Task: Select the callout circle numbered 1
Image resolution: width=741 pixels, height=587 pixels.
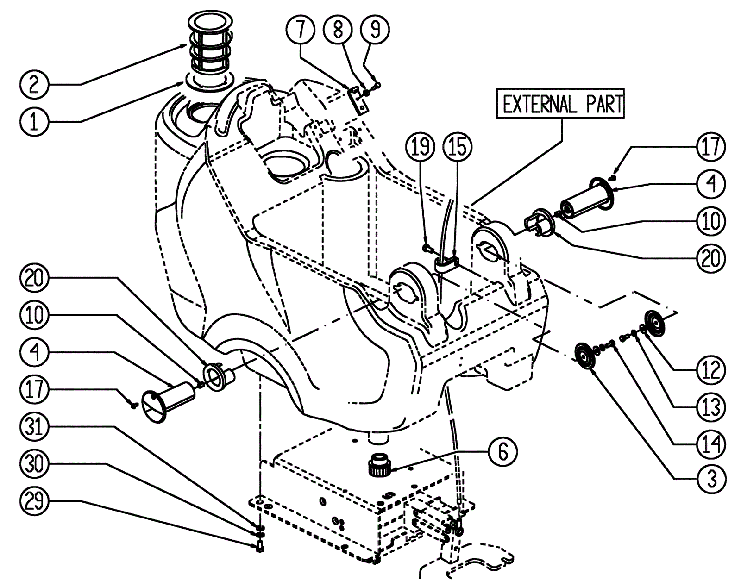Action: coord(34,122)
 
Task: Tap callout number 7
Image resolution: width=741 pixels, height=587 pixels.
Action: coord(301,30)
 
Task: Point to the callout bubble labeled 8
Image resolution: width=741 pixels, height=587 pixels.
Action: coord(338,30)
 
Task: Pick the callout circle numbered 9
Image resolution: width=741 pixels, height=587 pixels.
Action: coord(375,30)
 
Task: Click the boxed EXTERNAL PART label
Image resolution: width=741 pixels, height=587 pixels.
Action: coord(560,104)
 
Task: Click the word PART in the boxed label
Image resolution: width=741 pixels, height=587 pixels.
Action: coord(605,104)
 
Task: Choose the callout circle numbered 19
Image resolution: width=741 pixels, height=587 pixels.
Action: coord(421,147)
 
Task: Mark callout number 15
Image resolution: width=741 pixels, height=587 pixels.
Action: coord(458,147)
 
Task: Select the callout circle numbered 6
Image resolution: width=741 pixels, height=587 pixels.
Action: coord(503,452)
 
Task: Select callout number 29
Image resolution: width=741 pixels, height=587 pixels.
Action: coord(34,500)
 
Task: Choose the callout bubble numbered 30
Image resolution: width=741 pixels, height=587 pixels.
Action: coord(34,463)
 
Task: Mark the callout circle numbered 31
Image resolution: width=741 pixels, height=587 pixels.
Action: coord(34,426)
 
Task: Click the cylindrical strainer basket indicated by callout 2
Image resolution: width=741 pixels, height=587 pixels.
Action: coord(211,43)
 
